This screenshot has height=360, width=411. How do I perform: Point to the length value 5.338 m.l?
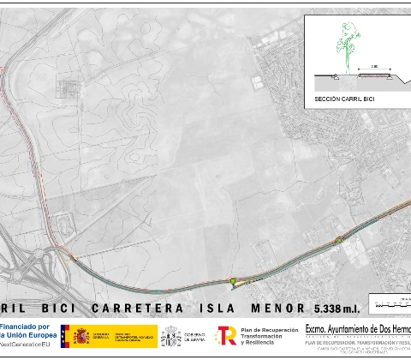(x=338, y=308)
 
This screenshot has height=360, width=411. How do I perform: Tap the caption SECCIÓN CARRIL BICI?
(x=346, y=99)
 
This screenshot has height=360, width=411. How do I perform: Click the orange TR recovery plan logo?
(x=226, y=335)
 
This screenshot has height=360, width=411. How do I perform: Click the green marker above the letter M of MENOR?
(x=232, y=280)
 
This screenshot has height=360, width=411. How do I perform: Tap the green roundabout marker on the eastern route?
(x=339, y=239)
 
